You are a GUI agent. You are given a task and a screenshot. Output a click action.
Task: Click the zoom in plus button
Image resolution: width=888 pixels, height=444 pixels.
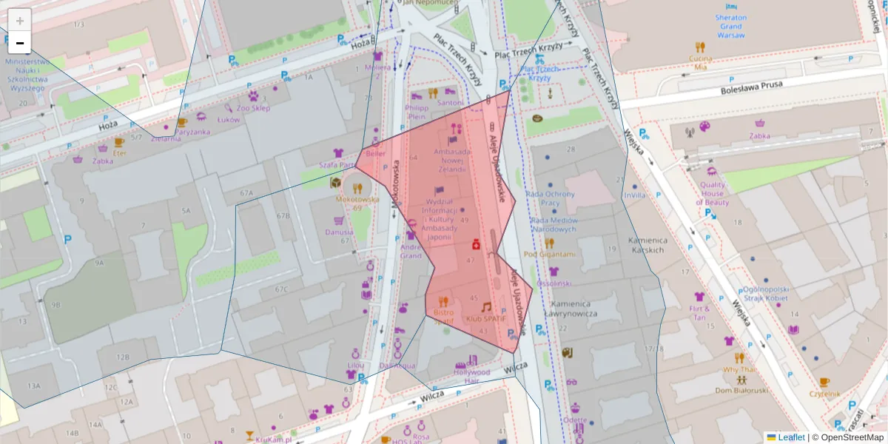point(20,20)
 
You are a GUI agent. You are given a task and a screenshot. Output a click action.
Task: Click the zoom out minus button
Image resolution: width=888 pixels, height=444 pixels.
point(20,43)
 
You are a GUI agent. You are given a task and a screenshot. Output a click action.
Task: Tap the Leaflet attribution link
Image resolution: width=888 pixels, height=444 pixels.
point(791,437)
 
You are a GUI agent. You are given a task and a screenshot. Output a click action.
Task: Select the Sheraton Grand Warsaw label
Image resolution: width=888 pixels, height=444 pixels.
point(730,26)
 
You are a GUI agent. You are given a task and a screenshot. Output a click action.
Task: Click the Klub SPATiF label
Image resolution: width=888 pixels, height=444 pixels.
point(485,319)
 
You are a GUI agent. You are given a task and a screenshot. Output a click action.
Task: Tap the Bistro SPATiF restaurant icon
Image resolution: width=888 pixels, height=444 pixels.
point(443,301)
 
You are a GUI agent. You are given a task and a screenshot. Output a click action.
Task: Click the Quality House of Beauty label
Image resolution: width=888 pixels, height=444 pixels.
point(713,194)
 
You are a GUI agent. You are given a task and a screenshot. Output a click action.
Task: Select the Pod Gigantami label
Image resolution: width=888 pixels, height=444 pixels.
point(549,254)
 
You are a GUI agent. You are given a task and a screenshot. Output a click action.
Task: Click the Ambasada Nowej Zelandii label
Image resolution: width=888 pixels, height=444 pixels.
point(452,161)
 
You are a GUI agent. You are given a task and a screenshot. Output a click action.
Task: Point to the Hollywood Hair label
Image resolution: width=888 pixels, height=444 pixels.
point(471,377)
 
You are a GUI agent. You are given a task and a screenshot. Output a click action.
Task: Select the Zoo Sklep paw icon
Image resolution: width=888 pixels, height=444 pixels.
point(253,95)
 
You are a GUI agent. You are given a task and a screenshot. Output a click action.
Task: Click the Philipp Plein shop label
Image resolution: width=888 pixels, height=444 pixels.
point(417,112)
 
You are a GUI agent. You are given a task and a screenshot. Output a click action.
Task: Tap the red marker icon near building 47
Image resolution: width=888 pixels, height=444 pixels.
point(477,243)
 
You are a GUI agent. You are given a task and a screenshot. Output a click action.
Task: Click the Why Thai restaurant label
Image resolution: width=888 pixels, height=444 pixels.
point(739,369)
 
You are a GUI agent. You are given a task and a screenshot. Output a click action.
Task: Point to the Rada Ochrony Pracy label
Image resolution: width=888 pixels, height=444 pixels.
point(550,198)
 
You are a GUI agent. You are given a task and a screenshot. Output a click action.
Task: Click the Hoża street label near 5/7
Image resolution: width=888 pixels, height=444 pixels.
point(108,127)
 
